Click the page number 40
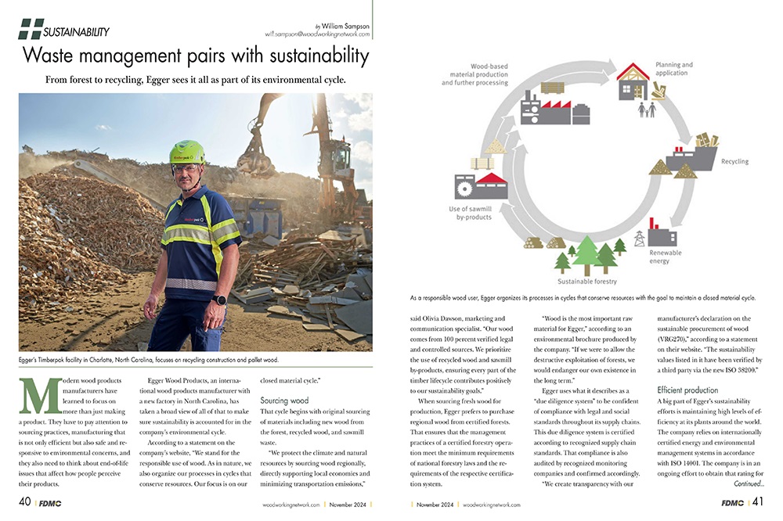pyautogui.click(x=24, y=501)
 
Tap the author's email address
pyautogui.click(x=317, y=36)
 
